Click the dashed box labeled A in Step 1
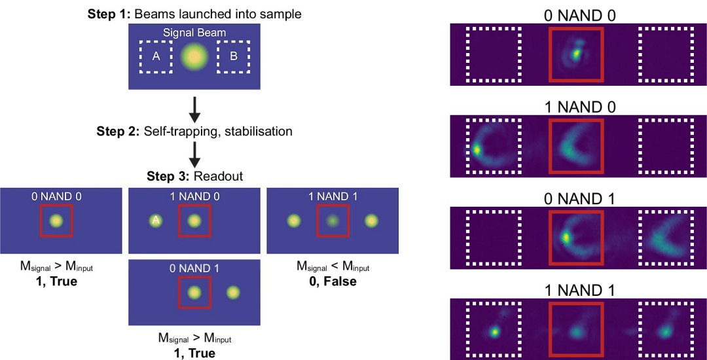156,56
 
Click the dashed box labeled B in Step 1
234,56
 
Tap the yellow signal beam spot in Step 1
194,57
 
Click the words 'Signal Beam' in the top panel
194,32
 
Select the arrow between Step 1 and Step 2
194,108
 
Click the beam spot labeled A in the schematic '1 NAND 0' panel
156,221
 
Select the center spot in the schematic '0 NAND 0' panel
56,221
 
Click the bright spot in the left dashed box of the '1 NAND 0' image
477,149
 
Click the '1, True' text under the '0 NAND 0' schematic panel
56,281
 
